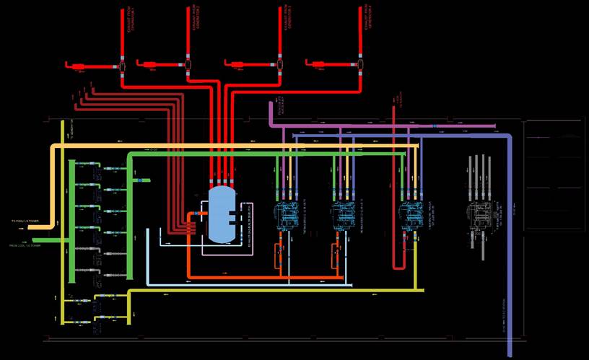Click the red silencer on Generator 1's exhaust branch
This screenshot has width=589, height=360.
coord(78,67)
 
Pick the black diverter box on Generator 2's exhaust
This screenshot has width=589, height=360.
coord(188,66)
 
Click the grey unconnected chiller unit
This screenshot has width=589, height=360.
coord(479,214)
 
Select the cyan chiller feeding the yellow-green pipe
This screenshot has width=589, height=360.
coord(411,214)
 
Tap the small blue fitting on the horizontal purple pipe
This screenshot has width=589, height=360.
coord(435,126)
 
